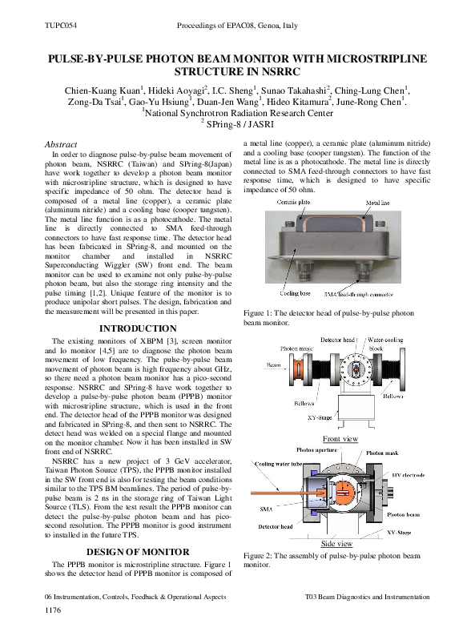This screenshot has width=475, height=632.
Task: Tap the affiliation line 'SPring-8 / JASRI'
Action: [240, 125]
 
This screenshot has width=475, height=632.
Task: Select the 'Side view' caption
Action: [339, 544]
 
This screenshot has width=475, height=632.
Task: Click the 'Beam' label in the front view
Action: [273, 364]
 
